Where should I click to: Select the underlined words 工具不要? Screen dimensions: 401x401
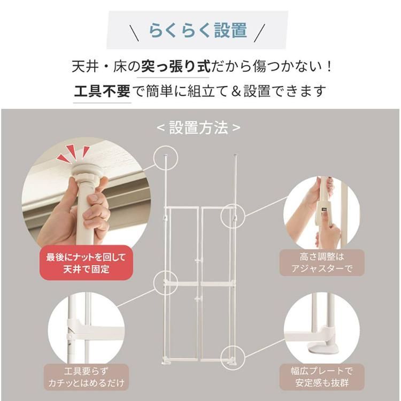tap(102, 91)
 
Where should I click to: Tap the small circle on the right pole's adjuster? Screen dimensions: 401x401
tap(233, 216)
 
